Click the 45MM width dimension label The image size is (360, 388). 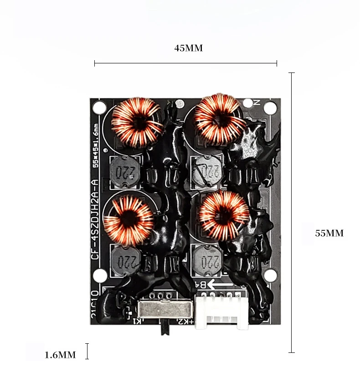click(x=188, y=48)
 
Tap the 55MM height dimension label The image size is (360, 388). click(x=329, y=233)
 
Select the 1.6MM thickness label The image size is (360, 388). click(x=60, y=355)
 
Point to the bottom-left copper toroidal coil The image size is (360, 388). click(x=129, y=220)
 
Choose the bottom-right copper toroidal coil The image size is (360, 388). click(x=223, y=215)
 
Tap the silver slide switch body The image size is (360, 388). click(x=164, y=311)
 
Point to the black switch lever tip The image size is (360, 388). click(x=165, y=331)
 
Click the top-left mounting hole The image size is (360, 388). click(x=98, y=108)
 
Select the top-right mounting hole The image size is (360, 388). click(x=270, y=108)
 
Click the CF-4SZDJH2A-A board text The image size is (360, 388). click(x=95, y=219)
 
